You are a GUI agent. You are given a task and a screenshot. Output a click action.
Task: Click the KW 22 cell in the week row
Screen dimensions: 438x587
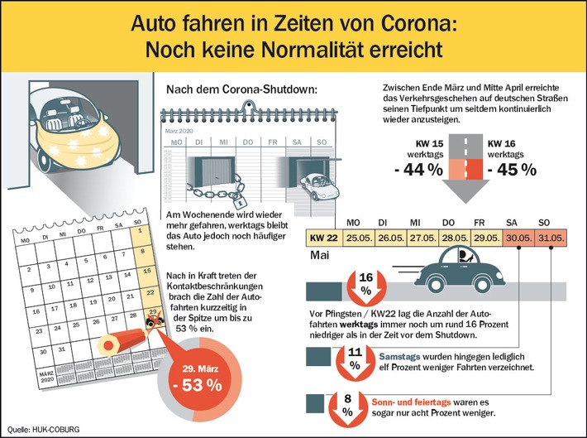(323, 237)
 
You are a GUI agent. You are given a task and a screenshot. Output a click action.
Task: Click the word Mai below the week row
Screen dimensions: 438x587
(318, 257)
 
